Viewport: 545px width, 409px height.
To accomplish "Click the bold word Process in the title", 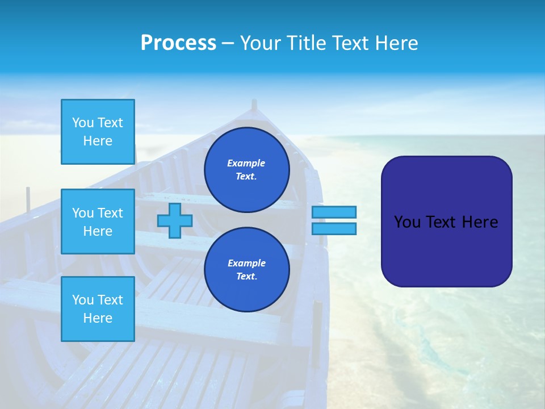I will click(x=178, y=43).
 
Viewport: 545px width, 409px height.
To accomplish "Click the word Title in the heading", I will click(x=306, y=43).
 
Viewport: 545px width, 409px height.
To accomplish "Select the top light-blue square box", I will click(x=98, y=132).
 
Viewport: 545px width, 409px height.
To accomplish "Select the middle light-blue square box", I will click(x=98, y=222).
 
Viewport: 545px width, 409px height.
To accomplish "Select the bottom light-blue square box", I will click(x=98, y=309).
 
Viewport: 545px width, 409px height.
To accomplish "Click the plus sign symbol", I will click(x=174, y=221).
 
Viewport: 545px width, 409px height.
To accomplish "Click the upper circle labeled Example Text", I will click(x=246, y=170).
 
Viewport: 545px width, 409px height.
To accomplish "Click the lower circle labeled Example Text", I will click(x=246, y=270).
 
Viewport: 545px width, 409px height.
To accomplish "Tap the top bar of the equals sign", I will click(x=334, y=212).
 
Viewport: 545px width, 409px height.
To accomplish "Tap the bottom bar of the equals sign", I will click(x=334, y=229).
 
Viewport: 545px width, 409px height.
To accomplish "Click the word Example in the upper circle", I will click(x=246, y=163).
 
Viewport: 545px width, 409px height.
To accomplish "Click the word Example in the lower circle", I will click(x=246, y=263).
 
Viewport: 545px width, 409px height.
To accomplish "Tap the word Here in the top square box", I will click(x=98, y=141).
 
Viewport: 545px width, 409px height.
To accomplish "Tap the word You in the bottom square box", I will click(x=83, y=300).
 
